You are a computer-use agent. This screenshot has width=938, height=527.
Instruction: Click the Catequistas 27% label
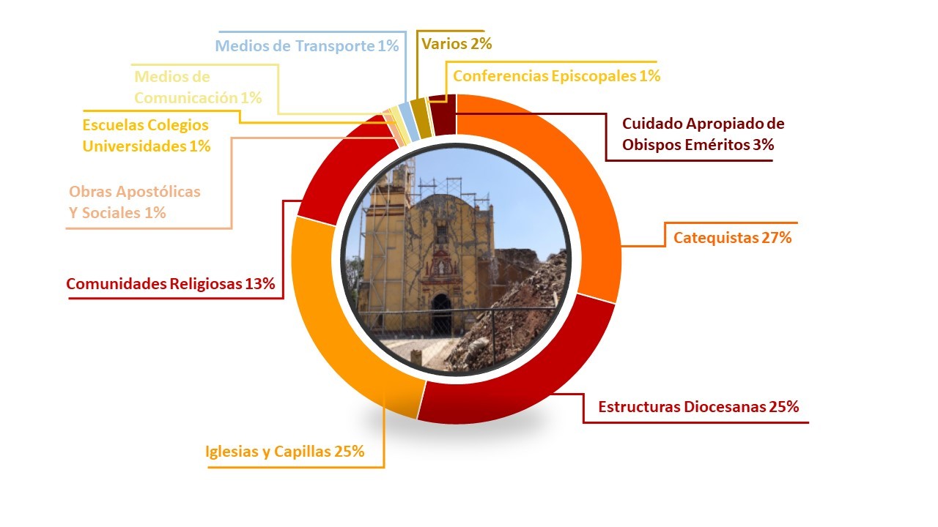(732, 238)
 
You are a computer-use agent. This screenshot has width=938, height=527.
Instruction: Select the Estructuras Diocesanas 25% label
(698, 406)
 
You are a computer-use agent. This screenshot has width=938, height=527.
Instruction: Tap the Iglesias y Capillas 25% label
(285, 452)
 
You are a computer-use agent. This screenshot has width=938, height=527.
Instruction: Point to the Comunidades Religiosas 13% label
(171, 283)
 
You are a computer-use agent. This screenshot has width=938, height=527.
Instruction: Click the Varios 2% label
(457, 43)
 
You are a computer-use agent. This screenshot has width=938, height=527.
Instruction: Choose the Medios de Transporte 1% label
(307, 45)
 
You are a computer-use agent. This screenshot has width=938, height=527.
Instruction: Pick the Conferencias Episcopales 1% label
(556, 75)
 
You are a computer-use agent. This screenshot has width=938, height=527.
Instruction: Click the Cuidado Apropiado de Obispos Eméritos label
(703, 134)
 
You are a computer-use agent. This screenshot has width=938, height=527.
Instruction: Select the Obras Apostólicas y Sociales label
(135, 202)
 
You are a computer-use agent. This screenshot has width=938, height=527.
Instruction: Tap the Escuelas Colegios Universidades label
(146, 135)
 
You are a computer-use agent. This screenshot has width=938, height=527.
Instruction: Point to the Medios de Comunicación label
(198, 87)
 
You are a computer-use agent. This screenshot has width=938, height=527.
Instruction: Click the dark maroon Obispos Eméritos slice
(443, 115)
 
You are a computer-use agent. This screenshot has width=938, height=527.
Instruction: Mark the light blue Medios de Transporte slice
(409, 122)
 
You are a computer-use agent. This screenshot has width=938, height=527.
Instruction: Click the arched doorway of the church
(442, 315)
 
